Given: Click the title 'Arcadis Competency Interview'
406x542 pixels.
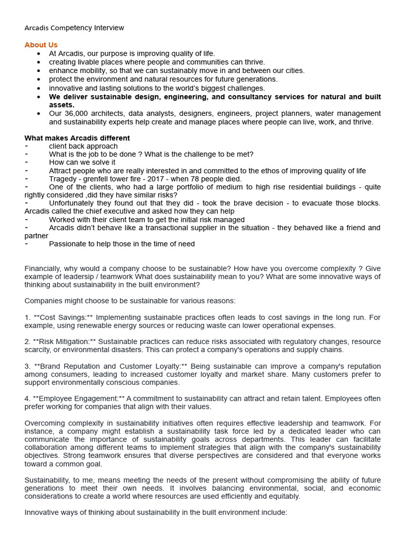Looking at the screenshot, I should point(75,28).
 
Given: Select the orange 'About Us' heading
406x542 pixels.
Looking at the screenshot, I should point(41,45).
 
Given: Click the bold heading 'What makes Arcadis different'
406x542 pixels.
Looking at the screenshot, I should point(77,138).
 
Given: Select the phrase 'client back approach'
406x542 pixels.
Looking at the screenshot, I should point(84,146).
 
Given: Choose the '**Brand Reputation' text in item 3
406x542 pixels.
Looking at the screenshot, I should point(66,366).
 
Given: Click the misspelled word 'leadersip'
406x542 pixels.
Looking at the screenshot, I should point(97,277).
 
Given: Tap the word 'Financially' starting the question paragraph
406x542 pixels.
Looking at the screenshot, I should point(43,268).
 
